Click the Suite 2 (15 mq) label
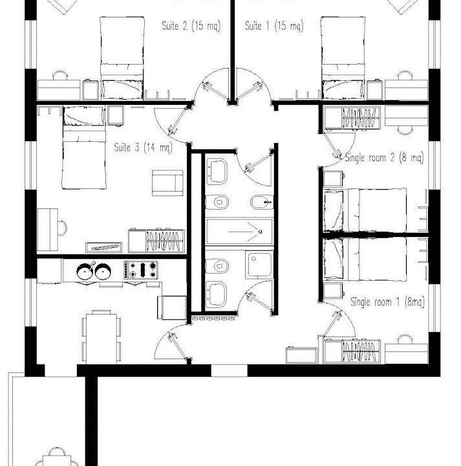tap(191, 26)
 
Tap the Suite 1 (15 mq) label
tap(274, 26)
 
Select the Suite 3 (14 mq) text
tap(143, 148)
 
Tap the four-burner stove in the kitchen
tap(140, 270)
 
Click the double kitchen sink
tap(94, 271)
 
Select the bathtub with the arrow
tap(239, 232)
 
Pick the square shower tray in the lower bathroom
tap(259, 264)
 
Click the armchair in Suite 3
tap(167, 183)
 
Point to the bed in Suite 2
tap(122, 58)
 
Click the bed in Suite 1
tap(343, 58)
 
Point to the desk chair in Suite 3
tap(63, 228)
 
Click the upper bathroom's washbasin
tap(217, 172)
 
